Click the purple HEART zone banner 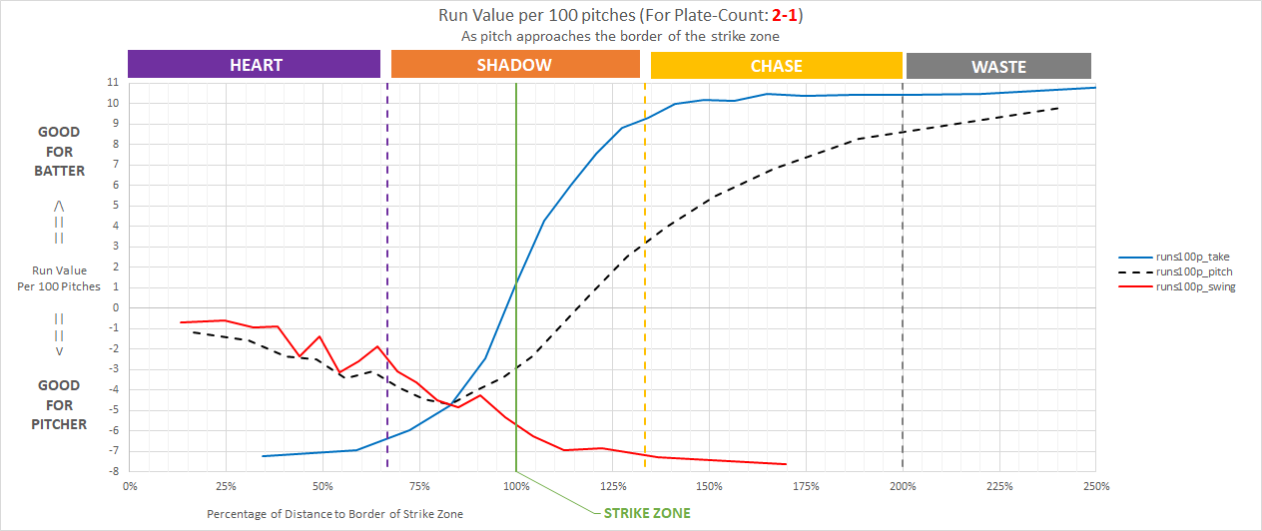255,65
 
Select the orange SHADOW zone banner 514,65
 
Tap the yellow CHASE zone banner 776,66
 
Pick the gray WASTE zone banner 998,67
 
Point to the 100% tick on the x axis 516,486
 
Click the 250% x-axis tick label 1096,486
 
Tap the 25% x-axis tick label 226,486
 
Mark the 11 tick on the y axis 114,83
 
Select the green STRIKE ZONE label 646,513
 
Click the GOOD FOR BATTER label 60,152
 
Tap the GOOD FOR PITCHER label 60,405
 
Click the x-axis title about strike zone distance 334,513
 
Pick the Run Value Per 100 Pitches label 59,278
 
